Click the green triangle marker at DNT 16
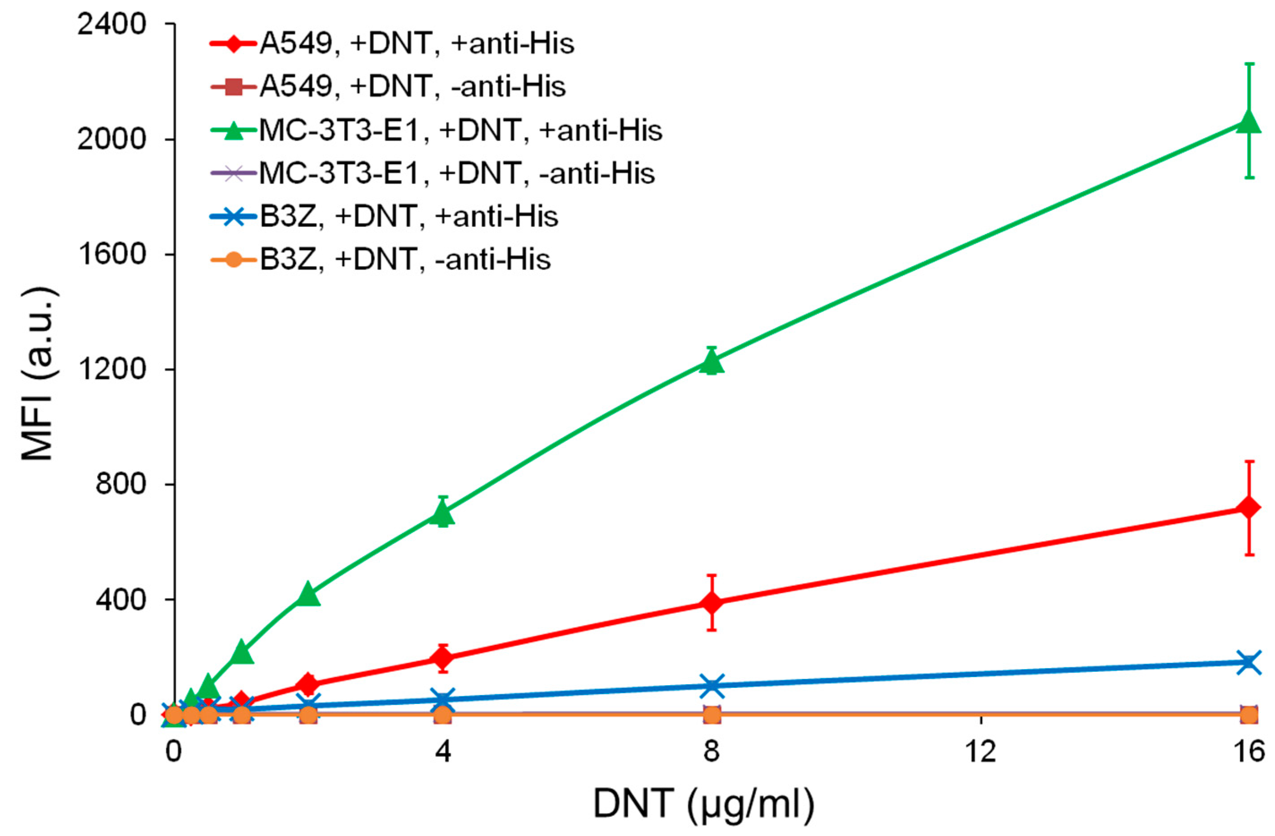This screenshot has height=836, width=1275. point(1249,122)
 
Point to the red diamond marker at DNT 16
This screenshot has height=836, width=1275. point(1249,507)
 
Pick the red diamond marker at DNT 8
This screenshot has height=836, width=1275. point(712,602)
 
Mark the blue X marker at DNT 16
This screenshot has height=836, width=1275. point(1249,662)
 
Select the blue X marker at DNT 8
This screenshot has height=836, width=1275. point(712,686)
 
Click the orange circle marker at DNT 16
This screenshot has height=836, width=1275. point(1249,714)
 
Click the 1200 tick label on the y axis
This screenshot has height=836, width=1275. point(111,369)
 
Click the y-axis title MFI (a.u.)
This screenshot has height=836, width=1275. point(38,374)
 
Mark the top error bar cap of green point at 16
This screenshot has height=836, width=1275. point(1249,79)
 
